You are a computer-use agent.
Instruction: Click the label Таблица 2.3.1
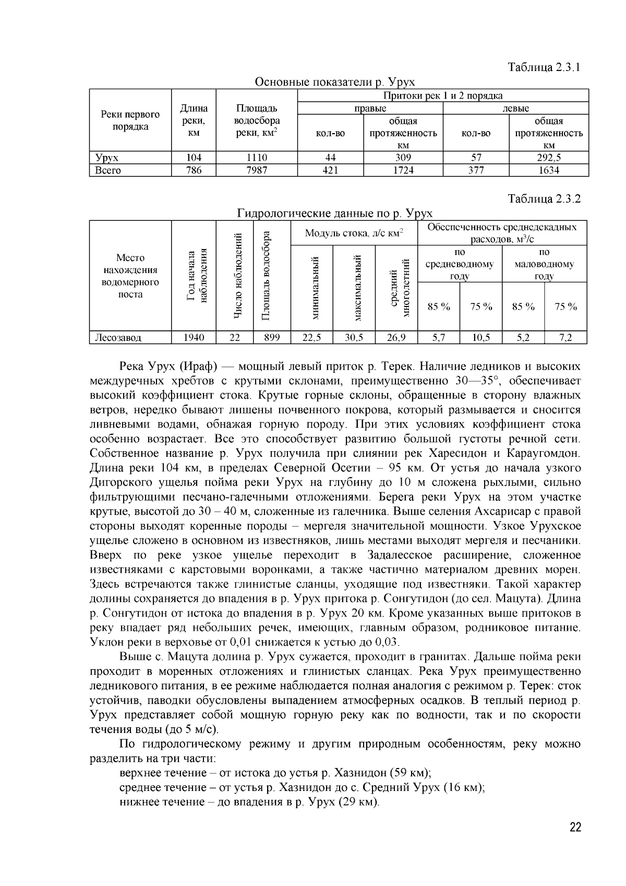tap(544, 67)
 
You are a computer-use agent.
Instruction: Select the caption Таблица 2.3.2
tap(544, 199)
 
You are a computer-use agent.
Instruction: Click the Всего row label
tap(108, 170)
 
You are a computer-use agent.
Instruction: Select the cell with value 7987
tap(256, 170)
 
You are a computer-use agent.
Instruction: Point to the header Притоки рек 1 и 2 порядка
tap(442, 96)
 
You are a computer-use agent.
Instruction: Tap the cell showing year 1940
tap(194, 338)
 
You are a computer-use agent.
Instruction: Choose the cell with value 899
tap(271, 338)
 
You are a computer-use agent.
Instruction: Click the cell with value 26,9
tap(396, 338)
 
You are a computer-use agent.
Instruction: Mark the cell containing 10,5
tap(480, 338)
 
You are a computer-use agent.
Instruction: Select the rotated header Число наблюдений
tap(238, 276)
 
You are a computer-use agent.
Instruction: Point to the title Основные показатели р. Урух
tap(334, 82)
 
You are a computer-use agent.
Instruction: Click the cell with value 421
tap(330, 170)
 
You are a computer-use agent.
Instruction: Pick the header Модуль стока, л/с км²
tap(354, 233)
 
